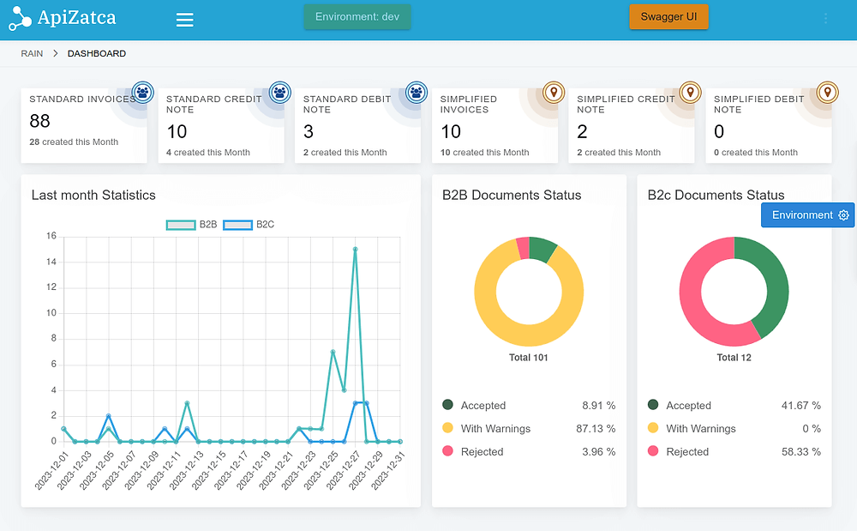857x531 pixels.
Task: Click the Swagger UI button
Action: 668,17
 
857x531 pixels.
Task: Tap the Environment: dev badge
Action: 357,17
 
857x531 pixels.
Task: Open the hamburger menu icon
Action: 184,20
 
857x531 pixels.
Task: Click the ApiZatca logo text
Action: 76,17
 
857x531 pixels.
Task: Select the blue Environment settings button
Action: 808,215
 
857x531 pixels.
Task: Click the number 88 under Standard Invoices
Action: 41,121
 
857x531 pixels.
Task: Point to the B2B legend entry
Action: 192,225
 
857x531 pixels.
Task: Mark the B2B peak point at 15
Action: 355,250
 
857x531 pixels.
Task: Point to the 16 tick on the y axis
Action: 51,236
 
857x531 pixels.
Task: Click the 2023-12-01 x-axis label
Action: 52,471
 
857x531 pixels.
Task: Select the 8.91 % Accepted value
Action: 598,406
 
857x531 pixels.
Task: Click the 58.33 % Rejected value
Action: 803,452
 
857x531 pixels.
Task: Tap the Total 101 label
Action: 528,358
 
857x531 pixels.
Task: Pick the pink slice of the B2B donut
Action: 523,248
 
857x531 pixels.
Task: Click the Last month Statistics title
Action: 93,196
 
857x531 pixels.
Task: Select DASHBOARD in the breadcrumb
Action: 97,53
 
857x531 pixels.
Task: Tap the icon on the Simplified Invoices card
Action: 554,92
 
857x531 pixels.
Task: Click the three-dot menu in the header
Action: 826,18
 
